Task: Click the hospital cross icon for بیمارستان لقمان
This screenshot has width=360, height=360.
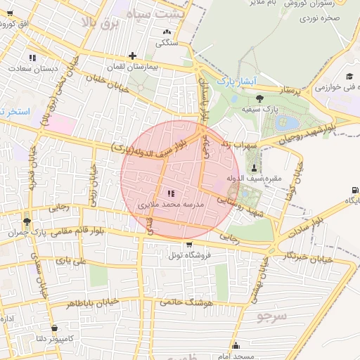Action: [132, 56]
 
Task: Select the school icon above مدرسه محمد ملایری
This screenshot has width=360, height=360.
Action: [171, 193]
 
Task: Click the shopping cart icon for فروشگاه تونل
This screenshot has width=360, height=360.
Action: [188, 244]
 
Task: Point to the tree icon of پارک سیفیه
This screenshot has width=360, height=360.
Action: [260, 98]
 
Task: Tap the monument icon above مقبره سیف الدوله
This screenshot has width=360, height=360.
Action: [254, 166]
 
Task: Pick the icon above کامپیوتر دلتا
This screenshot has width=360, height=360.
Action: [54, 327]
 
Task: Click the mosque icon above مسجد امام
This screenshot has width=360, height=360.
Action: [236, 345]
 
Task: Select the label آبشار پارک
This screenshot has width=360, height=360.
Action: [233, 81]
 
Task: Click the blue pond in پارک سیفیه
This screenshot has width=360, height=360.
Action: [288, 124]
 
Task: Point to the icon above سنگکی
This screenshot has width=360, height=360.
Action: [167, 32]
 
